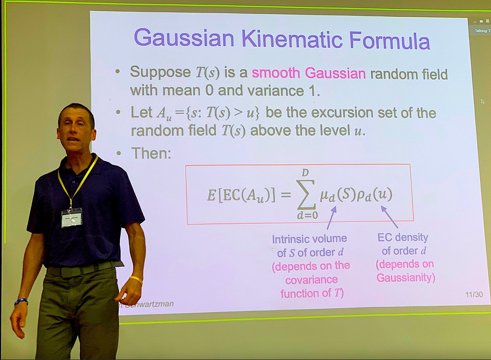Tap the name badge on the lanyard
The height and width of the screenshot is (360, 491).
tap(72, 217)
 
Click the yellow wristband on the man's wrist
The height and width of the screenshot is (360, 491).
tap(136, 280)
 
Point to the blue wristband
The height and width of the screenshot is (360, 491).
tap(21, 302)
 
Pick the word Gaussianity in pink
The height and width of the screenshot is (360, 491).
tap(405, 278)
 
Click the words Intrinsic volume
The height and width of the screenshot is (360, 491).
tap(309, 239)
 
